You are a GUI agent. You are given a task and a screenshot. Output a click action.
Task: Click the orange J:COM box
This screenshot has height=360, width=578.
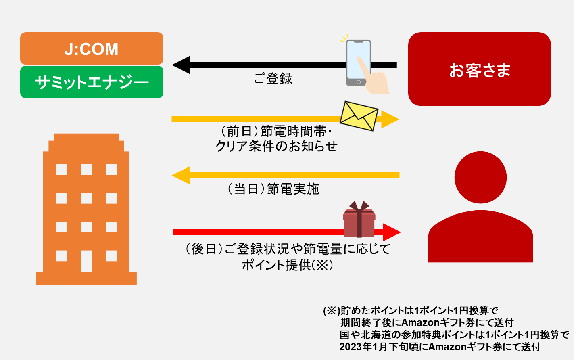point(92,48)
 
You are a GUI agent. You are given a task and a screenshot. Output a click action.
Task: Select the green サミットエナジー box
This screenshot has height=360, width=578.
point(92,82)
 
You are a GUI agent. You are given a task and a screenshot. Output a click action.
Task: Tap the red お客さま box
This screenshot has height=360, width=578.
point(479,69)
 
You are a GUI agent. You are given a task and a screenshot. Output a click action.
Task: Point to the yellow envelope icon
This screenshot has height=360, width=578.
point(359,115)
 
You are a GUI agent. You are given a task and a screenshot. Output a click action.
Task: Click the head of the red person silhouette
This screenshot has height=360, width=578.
point(480,177)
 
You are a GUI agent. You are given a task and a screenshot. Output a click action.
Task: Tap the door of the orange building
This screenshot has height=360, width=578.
point(86,261)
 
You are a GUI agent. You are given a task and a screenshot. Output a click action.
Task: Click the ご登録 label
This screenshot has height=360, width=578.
point(273,78)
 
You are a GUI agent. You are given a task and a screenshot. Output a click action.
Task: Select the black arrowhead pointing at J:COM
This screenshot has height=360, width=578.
point(181,65)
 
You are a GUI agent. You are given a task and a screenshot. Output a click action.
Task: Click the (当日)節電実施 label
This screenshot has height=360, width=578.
point(273,189)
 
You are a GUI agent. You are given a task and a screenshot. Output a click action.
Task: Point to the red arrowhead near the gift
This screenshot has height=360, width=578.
point(391,232)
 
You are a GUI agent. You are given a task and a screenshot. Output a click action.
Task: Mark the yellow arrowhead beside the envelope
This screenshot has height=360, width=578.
point(389,119)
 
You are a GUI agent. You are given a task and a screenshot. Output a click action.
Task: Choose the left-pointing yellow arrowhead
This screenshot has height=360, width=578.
point(181,175)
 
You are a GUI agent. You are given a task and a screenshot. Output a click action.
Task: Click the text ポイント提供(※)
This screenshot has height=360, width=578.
point(287,265)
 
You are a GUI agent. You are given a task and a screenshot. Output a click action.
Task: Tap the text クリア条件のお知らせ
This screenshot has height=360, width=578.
point(277,146)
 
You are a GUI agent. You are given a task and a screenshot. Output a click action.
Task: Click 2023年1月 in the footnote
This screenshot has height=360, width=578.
point(363,347)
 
